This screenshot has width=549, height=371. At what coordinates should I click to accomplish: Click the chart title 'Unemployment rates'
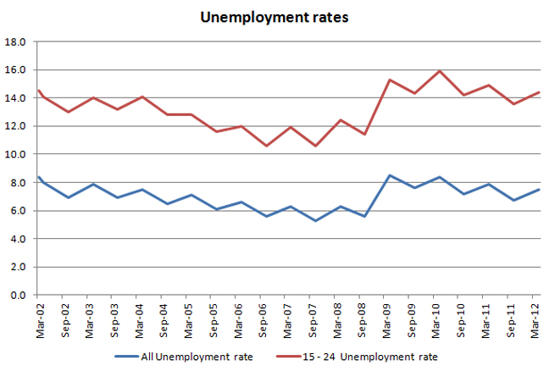coord(274,17)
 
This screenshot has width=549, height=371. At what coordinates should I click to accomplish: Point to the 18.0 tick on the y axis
coord(16,42)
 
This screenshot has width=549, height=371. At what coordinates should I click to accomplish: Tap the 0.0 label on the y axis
coord(19,295)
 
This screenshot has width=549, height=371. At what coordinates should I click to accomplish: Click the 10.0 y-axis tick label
coord(16,154)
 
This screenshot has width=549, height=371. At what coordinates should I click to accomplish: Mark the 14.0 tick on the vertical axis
coord(16,98)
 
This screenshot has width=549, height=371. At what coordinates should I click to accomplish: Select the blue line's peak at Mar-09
coord(389,175)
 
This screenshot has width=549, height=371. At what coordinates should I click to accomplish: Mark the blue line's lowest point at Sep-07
coord(315,220)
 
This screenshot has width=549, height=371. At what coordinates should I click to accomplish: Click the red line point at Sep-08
coord(364,134)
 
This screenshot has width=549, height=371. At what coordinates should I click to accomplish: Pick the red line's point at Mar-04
coord(141,97)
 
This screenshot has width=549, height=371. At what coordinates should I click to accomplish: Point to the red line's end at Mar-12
coord(539,92)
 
